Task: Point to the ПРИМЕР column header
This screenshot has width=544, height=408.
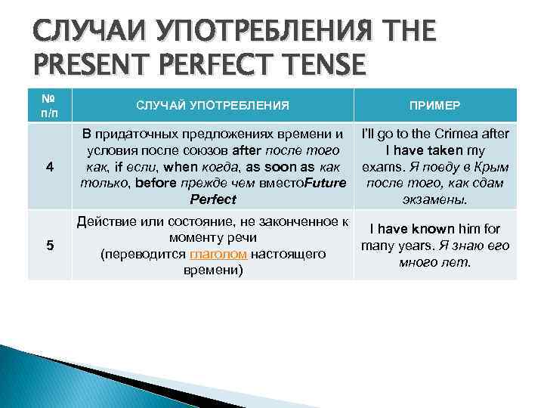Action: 435,105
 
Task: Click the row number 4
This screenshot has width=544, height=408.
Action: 48,167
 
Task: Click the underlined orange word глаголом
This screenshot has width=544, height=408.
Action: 219,254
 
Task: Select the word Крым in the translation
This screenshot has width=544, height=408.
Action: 490,167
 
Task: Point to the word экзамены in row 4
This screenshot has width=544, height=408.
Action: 436,200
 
